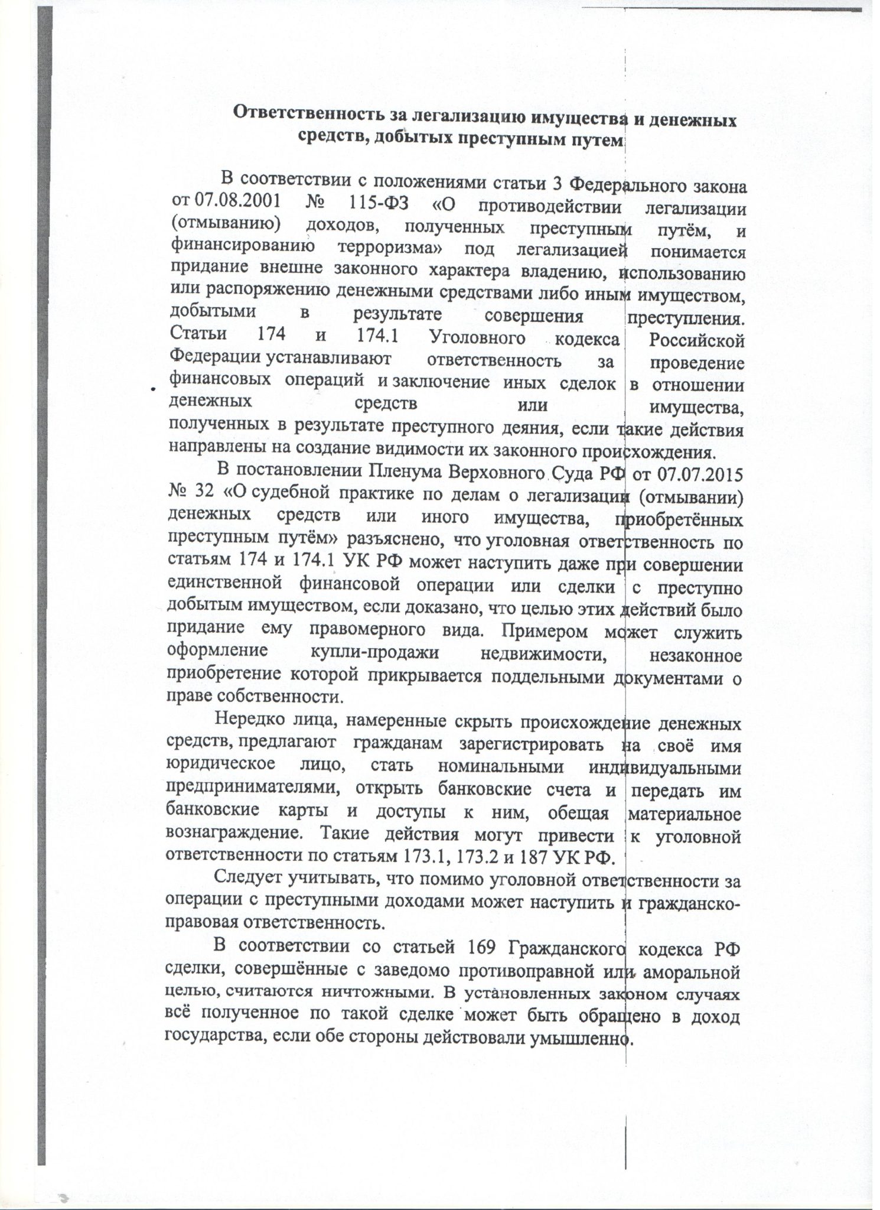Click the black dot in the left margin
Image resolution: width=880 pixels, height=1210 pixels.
point(152,389)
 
